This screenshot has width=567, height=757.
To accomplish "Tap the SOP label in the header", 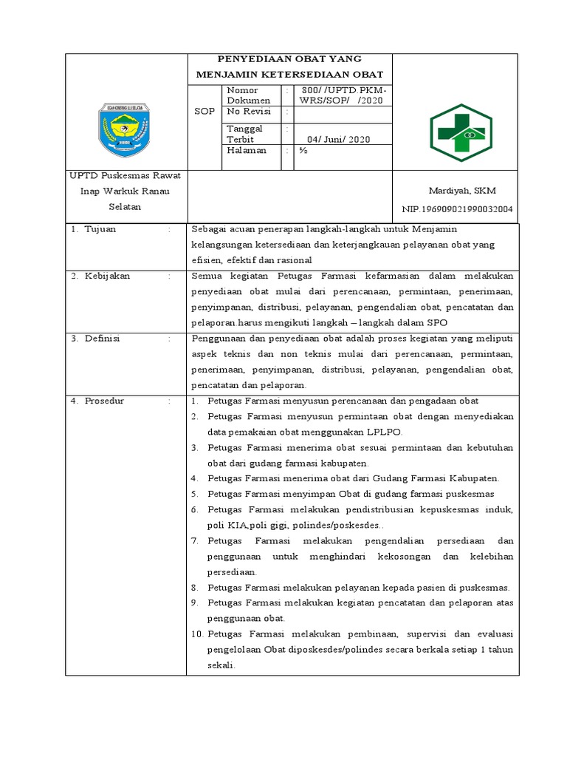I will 204,111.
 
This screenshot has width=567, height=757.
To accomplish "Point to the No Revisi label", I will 247,111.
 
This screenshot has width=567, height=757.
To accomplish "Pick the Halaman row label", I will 246,150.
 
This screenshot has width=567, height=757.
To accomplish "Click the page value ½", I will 303,150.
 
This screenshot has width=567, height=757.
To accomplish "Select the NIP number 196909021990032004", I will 456,209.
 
